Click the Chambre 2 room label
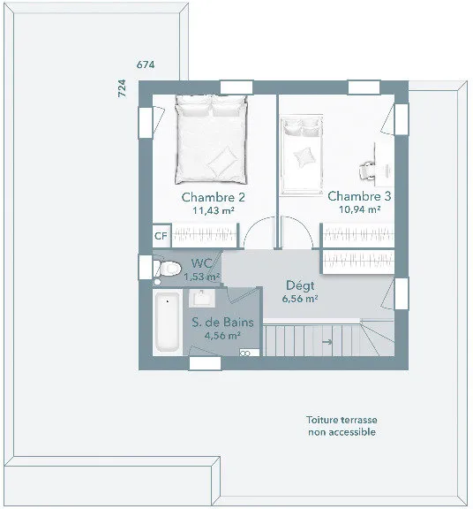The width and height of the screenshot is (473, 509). click(213, 197)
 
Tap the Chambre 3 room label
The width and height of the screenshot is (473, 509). click(359, 196)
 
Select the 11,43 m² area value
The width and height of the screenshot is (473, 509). click(214, 210)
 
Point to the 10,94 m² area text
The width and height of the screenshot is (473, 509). click(359, 209)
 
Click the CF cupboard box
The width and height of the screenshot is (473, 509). click(161, 236)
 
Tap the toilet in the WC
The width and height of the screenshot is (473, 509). click(167, 268)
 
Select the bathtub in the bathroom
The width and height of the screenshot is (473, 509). click(168, 322)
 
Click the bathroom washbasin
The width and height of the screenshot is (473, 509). click(202, 298)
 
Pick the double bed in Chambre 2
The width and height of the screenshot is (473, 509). click(211, 140)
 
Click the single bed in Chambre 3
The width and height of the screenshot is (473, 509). click(302, 155)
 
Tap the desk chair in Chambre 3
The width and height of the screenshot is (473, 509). click(367, 170)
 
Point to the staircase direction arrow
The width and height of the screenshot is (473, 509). click(327, 342)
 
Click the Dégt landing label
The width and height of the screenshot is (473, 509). click(300, 285)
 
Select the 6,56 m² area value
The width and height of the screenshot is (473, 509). click(300, 299)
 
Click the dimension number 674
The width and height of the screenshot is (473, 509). click(146, 65)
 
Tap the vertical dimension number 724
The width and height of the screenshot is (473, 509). click(122, 88)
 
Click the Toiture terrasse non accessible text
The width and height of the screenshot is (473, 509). click(342, 426)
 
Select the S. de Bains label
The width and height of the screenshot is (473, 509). click(222, 323)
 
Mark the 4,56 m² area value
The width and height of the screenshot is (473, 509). click(222, 336)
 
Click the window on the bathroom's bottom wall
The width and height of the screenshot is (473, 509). click(205, 363)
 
